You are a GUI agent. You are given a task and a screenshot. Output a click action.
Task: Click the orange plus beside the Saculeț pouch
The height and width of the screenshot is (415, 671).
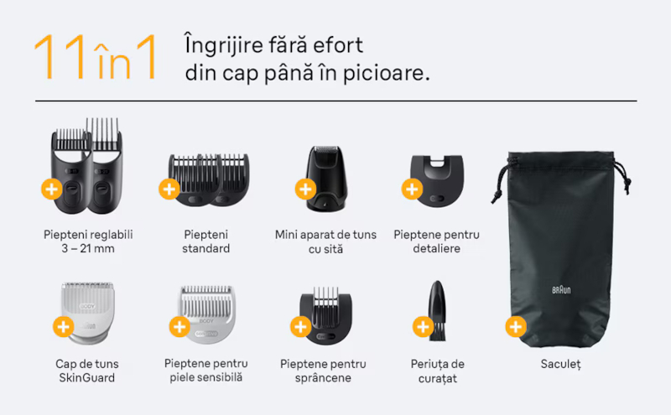click(516, 327)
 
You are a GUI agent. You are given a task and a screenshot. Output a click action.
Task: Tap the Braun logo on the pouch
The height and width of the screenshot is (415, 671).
click(561, 290)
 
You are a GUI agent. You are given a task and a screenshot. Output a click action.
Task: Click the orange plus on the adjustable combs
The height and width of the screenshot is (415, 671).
click(52, 189)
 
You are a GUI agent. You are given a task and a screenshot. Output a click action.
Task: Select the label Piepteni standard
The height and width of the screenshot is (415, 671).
click(205, 241)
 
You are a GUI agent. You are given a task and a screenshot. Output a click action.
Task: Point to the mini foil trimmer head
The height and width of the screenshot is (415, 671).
click(326, 179)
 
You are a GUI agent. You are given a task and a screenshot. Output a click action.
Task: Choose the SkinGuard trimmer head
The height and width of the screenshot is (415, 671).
click(88, 313)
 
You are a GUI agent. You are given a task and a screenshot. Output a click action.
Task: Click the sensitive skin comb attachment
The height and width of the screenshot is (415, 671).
click(206, 314)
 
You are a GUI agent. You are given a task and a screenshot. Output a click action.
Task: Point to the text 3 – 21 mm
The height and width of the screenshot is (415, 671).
click(88, 248)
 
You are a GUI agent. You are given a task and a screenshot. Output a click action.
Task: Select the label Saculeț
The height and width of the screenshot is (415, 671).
click(560, 364)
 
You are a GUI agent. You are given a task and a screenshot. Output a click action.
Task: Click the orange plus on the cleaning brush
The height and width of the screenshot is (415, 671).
click(423, 327)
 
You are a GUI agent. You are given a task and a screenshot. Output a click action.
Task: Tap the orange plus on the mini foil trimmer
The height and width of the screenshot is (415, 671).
click(305, 189)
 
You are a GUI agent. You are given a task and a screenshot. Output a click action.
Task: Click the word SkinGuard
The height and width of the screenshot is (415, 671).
click(87, 378)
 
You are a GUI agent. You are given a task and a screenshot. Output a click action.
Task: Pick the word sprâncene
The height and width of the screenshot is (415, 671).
click(323, 378)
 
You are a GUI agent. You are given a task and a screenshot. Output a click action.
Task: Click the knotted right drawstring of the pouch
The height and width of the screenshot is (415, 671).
click(623, 176)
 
